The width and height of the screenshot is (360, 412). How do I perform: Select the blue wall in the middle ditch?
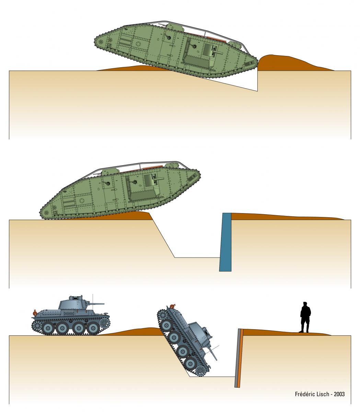(x=225, y=242)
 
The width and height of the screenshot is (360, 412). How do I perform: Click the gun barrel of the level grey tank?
(x=97, y=304)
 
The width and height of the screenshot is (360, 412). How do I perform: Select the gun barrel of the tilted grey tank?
(x=213, y=354)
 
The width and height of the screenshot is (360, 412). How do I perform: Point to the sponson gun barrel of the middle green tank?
(x=159, y=179)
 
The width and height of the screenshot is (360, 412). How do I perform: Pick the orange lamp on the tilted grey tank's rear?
(x=172, y=306)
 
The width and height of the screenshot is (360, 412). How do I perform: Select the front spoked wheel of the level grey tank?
(x=105, y=324)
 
